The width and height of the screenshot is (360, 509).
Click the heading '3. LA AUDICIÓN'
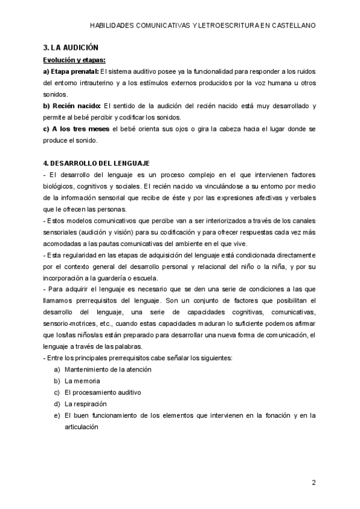[x=71, y=47]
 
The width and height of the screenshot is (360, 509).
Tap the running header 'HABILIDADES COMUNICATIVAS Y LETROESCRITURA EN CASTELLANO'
[x=202, y=26]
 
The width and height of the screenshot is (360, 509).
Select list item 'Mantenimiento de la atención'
[x=108, y=370]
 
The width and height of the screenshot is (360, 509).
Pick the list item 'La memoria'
[x=82, y=381]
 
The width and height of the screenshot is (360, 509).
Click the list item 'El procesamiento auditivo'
[x=103, y=393]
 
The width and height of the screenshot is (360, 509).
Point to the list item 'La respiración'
[x=89, y=404]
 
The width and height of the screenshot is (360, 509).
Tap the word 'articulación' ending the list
[x=81, y=427]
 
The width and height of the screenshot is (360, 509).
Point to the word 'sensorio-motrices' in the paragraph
[x=68, y=324]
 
